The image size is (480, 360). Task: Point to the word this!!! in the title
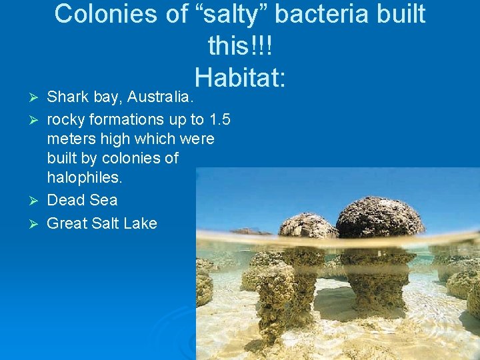click(x=240, y=46)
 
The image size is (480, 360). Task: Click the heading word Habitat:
click(x=241, y=77)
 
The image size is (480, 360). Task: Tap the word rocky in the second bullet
click(x=67, y=119)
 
